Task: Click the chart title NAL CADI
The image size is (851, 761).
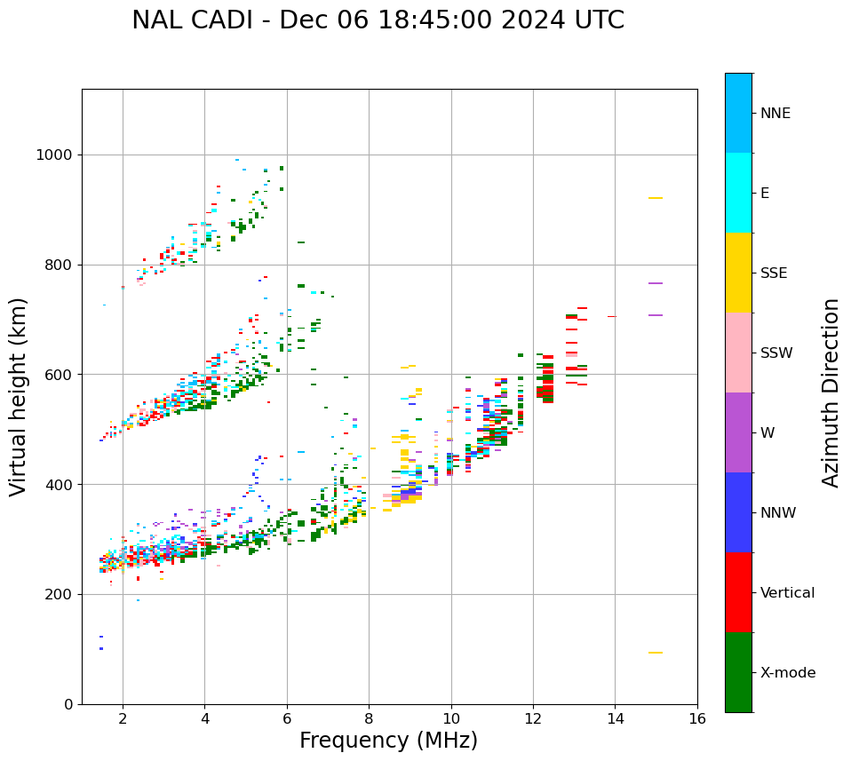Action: (378, 20)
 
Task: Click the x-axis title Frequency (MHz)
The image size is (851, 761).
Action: (388, 741)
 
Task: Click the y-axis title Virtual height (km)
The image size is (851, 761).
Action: (19, 397)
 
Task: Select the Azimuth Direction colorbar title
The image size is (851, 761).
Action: (831, 392)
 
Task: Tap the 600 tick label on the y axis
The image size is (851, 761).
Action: (59, 375)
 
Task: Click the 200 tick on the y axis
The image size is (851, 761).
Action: (59, 594)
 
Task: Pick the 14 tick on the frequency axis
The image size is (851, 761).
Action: (615, 718)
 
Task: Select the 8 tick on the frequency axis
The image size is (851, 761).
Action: (369, 718)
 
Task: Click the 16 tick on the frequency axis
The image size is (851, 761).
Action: (697, 718)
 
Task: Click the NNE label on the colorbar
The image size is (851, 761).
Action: (775, 114)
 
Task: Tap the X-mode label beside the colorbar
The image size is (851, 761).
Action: (787, 673)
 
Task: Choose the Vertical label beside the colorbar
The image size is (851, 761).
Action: (787, 593)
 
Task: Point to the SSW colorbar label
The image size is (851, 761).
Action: (775, 353)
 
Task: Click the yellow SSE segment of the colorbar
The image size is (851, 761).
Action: (738, 273)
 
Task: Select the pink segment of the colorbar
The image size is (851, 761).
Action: (738, 353)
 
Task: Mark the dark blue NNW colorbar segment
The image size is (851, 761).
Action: (738, 512)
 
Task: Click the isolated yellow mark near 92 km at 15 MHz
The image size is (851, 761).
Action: (656, 653)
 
